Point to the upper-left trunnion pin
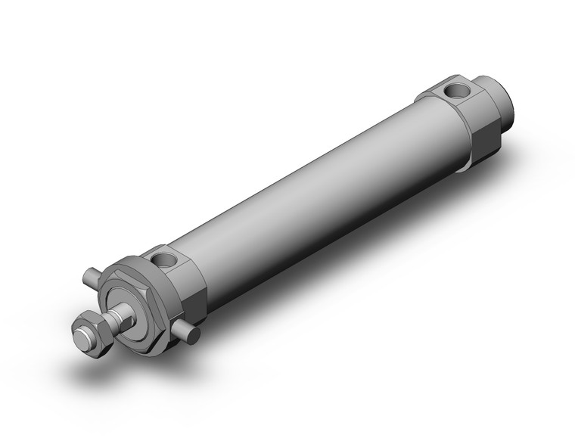pyautogui.click(x=92, y=278)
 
